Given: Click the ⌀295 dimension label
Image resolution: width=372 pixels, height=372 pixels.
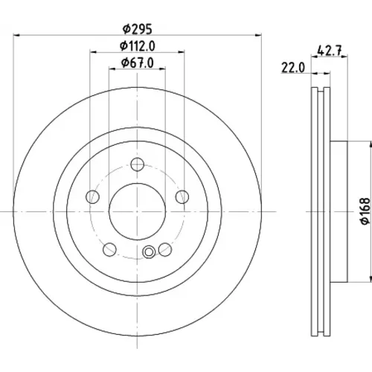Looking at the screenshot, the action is pos(138,30).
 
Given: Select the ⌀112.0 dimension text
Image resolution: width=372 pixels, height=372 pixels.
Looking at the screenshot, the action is pos(138,46).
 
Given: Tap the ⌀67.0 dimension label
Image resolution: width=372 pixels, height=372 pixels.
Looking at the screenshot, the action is pos(138,63).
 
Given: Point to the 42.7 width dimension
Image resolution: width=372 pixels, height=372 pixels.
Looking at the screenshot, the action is pos(330,51).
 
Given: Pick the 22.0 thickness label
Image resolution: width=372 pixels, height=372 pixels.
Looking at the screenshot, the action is pos(292,68).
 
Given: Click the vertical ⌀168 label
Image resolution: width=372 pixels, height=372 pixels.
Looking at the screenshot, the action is pos(365,211).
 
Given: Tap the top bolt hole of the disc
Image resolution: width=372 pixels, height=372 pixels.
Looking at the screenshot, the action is pos(137,164).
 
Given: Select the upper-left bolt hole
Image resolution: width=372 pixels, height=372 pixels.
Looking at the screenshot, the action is pos(92,197).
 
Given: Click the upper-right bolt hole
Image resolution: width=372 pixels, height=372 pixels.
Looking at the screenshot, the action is pos(182,197).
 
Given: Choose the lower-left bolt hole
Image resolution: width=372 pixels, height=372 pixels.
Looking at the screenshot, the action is pos(109,249).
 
